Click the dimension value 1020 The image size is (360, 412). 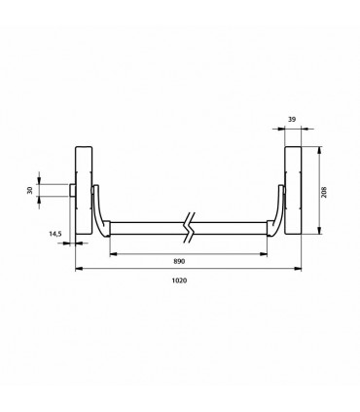(x=179, y=281)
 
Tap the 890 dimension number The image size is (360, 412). (x=179, y=261)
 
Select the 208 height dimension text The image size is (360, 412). (x=324, y=192)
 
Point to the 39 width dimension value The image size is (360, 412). (x=292, y=120)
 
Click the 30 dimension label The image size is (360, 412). (x=30, y=190)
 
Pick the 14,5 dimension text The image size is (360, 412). (x=55, y=234)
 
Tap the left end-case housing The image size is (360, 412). (x=84, y=190)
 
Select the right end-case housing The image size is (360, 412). (x=293, y=190)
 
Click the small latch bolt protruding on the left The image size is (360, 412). (x=72, y=190)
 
